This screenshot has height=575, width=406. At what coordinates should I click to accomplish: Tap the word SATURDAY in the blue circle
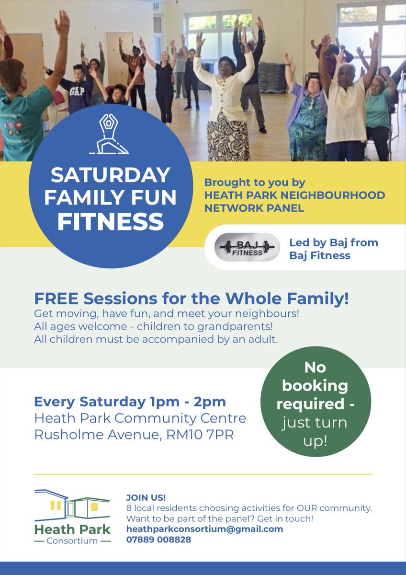(x=110, y=175)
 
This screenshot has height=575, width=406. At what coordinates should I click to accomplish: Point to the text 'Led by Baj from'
(x=333, y=242)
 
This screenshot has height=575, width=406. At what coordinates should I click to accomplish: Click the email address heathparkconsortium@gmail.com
(x=204, y=529)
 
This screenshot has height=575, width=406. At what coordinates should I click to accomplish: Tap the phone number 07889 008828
(x=158, y=540)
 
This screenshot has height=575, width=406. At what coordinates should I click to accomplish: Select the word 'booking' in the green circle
(x=316, y=386)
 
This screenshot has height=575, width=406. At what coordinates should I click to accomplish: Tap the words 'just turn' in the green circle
(x=315, y=423)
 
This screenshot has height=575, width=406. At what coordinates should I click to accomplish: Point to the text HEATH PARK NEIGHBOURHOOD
(x=294, y=195)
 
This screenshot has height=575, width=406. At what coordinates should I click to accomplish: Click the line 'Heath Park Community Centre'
(x=140, y=418)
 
